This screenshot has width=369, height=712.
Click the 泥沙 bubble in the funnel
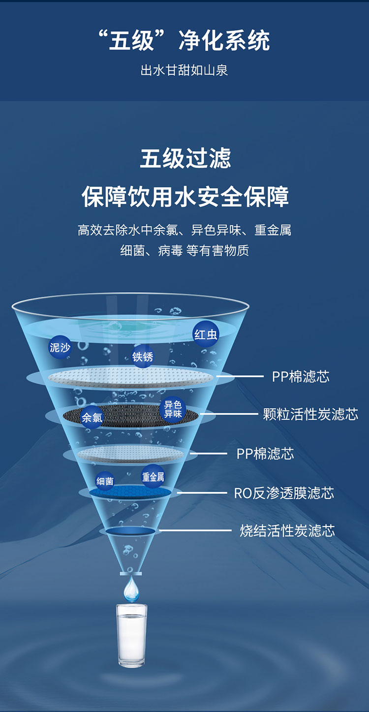click(60, 347)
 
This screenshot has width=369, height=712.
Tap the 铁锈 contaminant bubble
click(143, 357)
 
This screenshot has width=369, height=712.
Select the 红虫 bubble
click(206, 334)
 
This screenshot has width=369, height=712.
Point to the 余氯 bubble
click(92, 417)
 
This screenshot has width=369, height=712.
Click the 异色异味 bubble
click(173, 409)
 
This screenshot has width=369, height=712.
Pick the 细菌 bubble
click(105, 481)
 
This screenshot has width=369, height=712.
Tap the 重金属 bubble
click(153, 477)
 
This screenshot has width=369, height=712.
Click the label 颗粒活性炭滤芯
click(310, 414)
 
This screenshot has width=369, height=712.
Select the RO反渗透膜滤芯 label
click(284, 493)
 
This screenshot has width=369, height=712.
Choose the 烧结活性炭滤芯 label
click(287, 530)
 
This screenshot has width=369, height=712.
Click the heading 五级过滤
click(185, 158)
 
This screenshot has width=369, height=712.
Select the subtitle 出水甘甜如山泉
click(184, 70)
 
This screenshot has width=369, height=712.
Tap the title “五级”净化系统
click(184, 40)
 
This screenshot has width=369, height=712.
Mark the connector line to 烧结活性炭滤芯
click(195, 530)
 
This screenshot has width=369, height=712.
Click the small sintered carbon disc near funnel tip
click(131, 531)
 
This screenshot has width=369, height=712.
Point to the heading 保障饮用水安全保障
click(185, 196)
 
